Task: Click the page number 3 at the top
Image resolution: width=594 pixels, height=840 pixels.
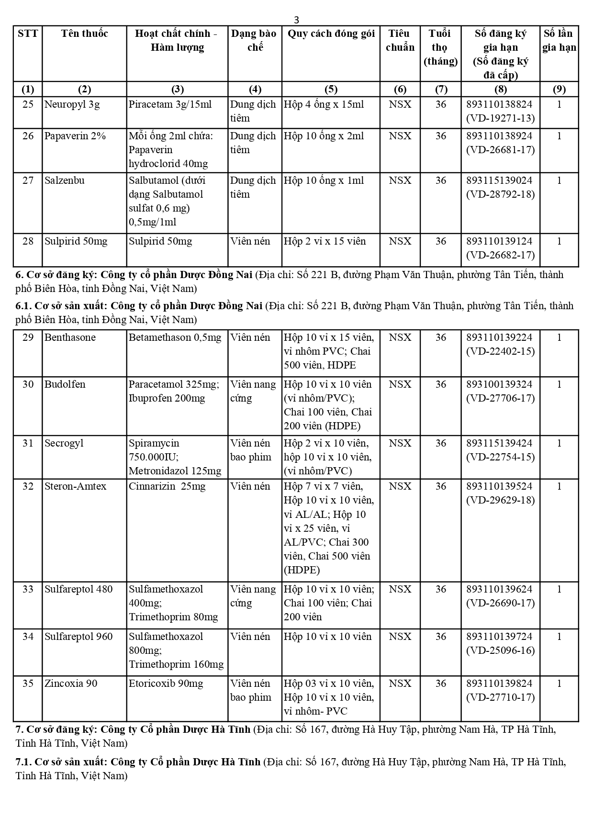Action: click(x=297, y=20)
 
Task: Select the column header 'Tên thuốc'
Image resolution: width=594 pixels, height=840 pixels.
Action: click(x=84, y=34)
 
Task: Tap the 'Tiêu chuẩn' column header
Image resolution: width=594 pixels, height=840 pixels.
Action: click(x=400, y=40)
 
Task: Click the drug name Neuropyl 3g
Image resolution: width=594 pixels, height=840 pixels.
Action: click(x=72, y=104)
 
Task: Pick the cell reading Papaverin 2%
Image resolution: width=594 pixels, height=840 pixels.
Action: click(x=75, y=136)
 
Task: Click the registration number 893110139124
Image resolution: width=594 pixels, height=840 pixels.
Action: click(x=500, y=241)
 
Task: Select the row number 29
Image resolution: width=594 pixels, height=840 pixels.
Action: click(x=28, y=337)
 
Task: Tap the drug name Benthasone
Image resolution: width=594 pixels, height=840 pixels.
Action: click(x=70, y=337)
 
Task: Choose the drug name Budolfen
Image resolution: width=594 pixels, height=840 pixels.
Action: click(x=65, y=384)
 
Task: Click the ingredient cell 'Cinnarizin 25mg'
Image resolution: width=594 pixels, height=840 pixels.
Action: click(x=167, y=486)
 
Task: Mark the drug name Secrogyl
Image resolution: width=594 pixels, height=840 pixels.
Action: click(x=64, y=443)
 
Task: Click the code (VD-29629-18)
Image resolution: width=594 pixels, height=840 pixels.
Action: click(x=500, y=500)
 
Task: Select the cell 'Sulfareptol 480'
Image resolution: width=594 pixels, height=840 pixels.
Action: click(x=78, y=589)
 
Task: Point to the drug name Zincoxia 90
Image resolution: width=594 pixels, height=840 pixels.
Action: click(x=71, y=683)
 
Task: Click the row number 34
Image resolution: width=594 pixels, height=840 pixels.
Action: click(x=28, y=637)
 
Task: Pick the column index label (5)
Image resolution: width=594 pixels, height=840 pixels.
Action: click(x=331, y=89)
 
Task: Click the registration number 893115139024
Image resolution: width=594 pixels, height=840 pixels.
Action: click(x=500, y=180)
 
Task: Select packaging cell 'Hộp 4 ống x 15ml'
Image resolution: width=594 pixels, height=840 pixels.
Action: click(x=324, y=104)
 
